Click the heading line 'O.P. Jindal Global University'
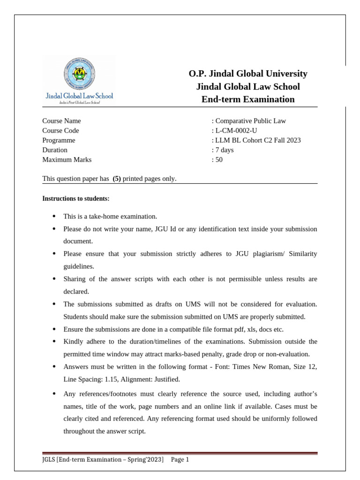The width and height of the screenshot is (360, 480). click(x=248, y=74)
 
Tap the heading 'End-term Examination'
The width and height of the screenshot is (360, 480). click(x=248, y=99)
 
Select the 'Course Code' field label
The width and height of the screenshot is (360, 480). click(x=60, y=131)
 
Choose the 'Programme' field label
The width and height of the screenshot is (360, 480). click(x=59, y=140)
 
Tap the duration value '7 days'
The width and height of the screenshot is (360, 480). click(x=224, y=150)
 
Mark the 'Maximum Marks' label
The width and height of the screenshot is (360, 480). click(x=67, y=159)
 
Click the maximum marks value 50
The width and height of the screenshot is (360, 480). click(x=219, y=159)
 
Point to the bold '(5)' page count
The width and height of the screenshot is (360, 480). click(x=117, y=179)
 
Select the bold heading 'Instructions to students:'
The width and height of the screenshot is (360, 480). click(x=75, y=199)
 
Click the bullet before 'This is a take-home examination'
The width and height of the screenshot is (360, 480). click(x=54, y=217)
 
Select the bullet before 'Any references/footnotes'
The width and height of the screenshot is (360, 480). click(x=54, y=394)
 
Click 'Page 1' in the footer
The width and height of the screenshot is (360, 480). click(x=180, y=460)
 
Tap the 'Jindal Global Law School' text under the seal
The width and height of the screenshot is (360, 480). click(x=79, y=96)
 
